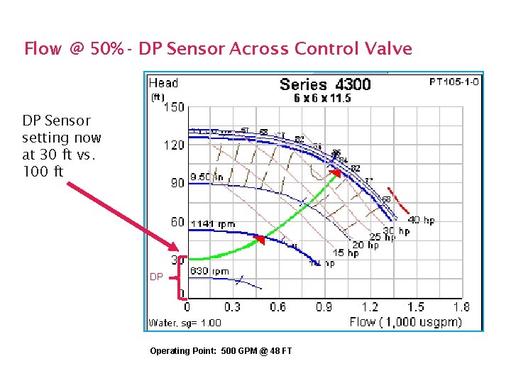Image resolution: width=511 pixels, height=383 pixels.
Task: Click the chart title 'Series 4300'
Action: (x=325, y=85)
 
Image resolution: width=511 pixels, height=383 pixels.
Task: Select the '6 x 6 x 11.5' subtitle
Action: (x=322, y=99)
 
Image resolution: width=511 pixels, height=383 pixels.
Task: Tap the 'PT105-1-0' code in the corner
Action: (x=454, y=82)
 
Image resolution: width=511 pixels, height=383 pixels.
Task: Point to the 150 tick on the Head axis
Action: (x=174, y=108)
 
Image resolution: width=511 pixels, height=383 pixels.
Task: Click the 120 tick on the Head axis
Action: (x=174, y=145)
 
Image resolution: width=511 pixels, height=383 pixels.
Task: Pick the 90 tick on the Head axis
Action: (x=177, y=183)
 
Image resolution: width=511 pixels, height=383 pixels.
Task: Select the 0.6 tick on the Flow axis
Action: (x=278, y=307)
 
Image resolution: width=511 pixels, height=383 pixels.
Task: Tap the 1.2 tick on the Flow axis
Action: (x=370, y=307)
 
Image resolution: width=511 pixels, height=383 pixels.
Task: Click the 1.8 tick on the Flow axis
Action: (x=461, y=307)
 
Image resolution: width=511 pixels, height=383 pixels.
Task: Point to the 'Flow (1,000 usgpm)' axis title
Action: (x=405, y=322)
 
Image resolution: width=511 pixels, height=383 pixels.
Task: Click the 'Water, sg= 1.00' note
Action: (x=185, y=323)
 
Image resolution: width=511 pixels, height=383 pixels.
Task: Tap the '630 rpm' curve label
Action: (x=209, y=271)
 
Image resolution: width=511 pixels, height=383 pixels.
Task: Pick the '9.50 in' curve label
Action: (x=207, y=177)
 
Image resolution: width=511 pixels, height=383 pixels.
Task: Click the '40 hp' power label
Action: (x=421, y=221)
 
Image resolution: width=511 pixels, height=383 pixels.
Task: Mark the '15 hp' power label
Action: (x=346, y=253)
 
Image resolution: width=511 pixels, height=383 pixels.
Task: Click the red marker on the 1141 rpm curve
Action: (x=261, y=240)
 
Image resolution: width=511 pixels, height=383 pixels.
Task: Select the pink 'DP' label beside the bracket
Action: (x=156, y=277)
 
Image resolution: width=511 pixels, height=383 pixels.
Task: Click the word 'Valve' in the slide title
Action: (x=388, y=49)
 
